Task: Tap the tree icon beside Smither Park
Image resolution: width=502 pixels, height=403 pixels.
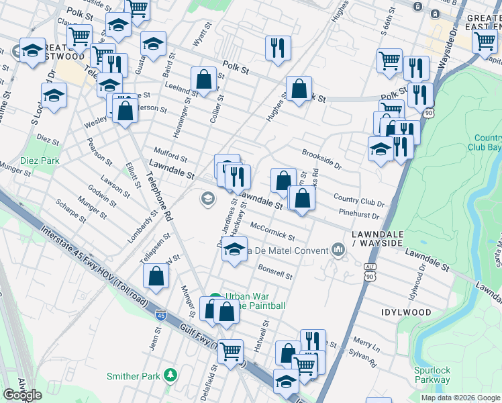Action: click(172, 374)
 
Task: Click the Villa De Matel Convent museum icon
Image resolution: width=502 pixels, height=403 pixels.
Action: click(338, 251)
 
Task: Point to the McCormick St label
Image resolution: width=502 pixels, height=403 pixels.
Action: click(272, 232)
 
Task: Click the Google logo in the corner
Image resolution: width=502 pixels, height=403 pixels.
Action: click(22, 395)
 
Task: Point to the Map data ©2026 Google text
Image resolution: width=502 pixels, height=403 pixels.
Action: click(460, 398)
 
